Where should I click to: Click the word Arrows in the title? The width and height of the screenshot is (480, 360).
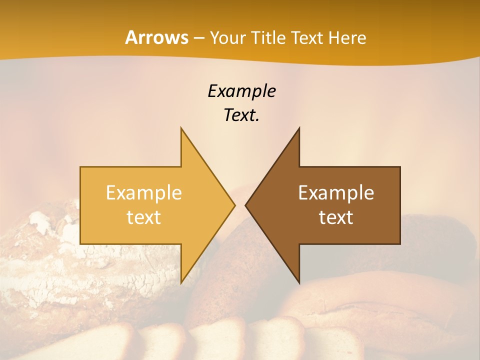(156, 37)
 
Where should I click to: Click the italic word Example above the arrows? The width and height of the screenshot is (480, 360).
(241, 91)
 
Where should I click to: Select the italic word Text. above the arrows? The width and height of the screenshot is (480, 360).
(241, 115)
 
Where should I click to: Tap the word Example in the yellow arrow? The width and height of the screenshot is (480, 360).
(143, 193)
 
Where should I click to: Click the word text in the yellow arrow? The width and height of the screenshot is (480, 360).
(143, 217)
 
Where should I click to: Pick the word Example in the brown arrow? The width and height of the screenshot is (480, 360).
(336, 193)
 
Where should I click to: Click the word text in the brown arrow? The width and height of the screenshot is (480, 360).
(336, 217)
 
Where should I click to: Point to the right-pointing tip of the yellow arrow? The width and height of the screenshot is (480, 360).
(234, 205)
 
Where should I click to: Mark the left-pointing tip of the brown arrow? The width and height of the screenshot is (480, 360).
(246, 205)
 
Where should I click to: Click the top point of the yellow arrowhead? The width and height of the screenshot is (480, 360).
(181, 128)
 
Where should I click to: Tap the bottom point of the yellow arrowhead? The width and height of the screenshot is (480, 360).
(181, 282)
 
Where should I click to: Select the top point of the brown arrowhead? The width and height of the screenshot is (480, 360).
(299, 128)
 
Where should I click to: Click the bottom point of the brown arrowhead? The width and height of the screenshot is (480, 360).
(299, 282)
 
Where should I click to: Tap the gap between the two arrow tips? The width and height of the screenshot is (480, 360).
(240, 205)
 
